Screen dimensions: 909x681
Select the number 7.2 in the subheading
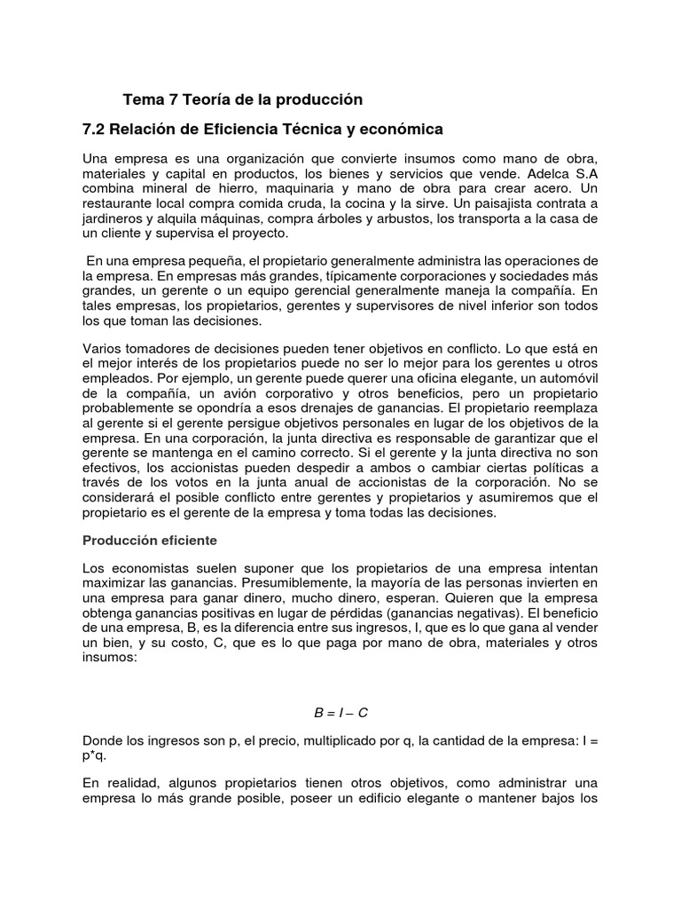tap(94, 130)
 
